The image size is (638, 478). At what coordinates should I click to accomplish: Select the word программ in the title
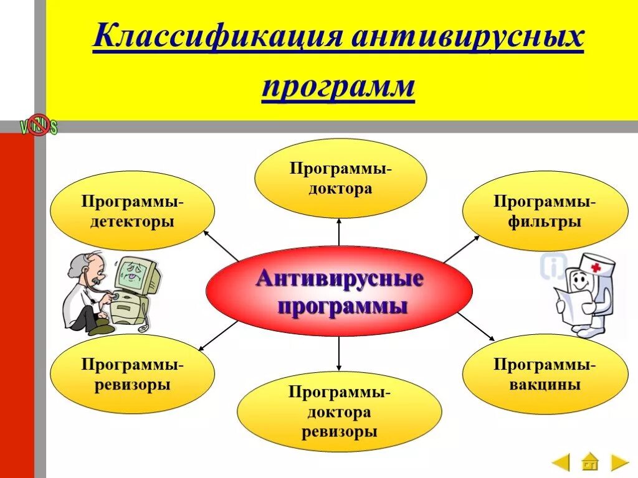pos(338,87)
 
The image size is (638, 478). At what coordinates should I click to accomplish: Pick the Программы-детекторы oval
pos(132,211)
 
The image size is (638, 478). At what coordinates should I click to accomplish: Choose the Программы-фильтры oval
pos(545,211)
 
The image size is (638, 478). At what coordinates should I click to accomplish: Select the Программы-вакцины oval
pos(545,374)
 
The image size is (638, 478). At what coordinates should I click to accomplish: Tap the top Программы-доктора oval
pos(340,178)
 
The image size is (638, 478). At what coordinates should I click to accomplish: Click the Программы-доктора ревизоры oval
pos(339,411)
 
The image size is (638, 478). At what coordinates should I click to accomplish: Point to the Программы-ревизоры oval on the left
pos(132,374)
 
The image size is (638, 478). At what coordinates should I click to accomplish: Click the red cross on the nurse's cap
pos(596,267)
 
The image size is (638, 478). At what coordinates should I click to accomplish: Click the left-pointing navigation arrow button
pos(561,462)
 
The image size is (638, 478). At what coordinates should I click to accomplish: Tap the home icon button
pos(589,462)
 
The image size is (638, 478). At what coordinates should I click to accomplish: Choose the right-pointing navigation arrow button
pos(618,462)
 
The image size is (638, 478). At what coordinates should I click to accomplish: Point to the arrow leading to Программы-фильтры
pos(461,248)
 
